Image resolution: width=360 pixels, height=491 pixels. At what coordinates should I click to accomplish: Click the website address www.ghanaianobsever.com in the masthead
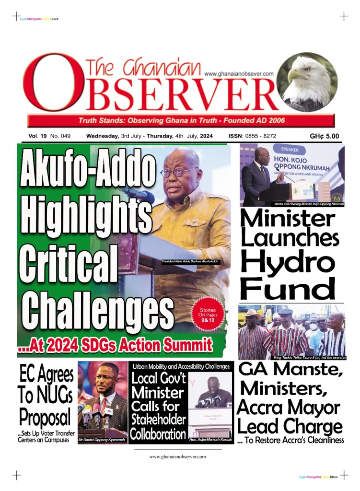(239, 74)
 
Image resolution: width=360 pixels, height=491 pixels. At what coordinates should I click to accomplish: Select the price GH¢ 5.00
(324, 136)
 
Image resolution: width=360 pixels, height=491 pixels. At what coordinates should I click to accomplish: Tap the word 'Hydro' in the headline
(287, 262)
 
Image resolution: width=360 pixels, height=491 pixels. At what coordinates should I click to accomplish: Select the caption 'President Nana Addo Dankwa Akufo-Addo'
(190, 261)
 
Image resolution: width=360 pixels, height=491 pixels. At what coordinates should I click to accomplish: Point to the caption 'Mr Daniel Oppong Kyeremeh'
(102, 439)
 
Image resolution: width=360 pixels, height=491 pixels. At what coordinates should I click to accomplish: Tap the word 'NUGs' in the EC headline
(54, 396)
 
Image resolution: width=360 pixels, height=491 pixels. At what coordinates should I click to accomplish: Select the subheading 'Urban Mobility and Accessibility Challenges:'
(182, 366)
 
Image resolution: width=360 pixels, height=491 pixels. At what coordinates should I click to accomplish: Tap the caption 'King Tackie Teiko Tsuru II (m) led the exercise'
(309, 358)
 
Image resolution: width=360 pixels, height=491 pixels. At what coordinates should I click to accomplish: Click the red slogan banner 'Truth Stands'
(182, 120)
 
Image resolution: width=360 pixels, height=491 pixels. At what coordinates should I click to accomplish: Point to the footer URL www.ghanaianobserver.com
(177, 456)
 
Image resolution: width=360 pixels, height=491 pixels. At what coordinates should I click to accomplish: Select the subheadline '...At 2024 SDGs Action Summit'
(115, 345)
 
